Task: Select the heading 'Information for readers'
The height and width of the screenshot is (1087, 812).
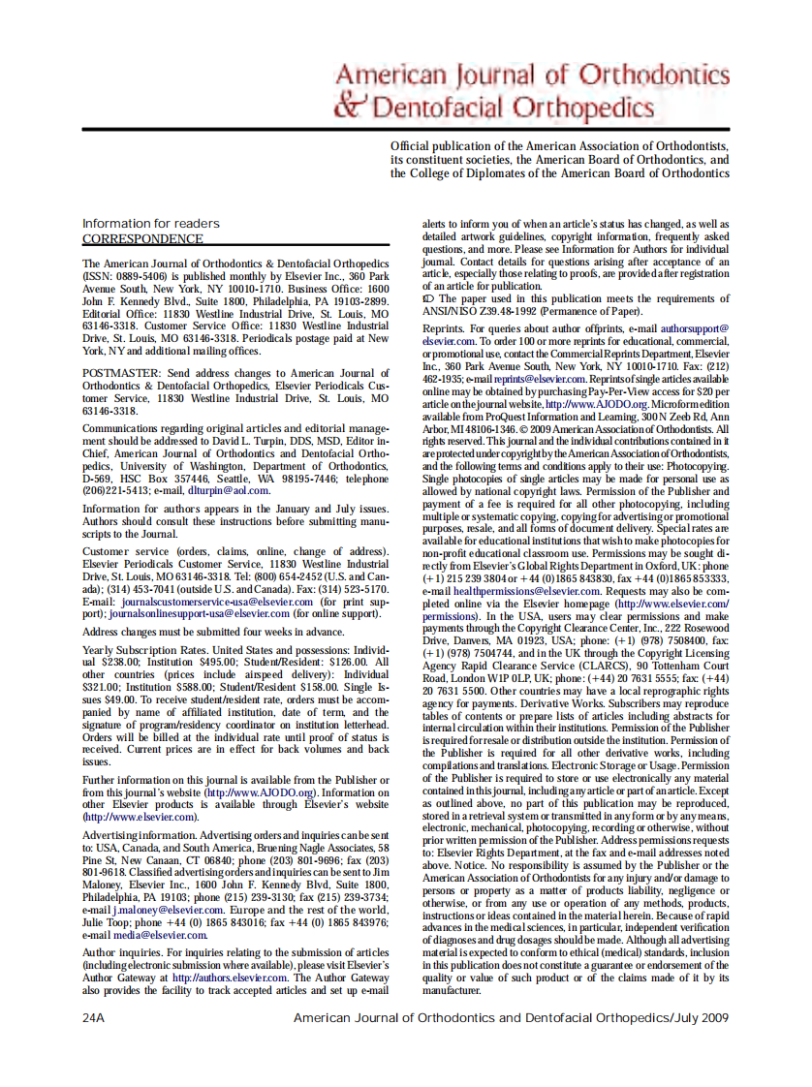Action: pos(150,224)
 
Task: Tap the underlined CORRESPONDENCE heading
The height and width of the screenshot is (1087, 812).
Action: pos(142,239)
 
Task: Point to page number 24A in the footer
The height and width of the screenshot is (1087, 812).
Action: pos(94,1018)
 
